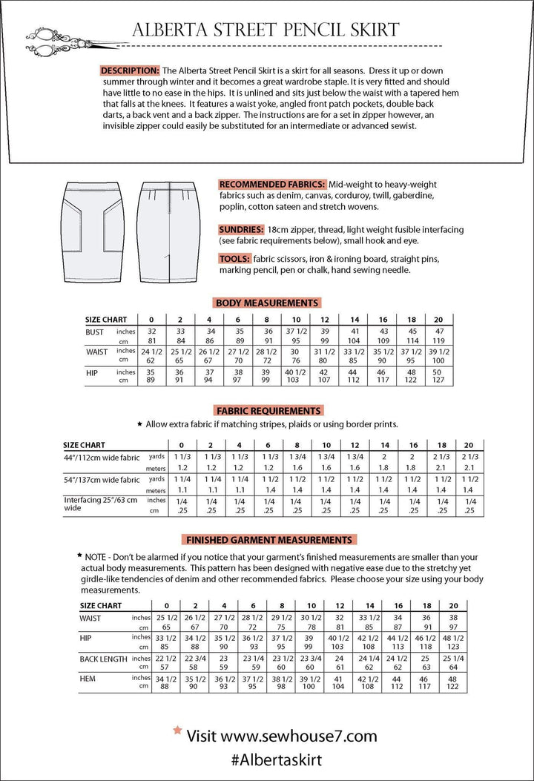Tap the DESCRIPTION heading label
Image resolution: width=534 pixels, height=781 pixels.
130,70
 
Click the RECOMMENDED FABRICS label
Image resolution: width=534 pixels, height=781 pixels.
272,184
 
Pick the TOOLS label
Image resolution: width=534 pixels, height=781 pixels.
234,259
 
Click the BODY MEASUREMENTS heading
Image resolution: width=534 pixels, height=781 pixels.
267,303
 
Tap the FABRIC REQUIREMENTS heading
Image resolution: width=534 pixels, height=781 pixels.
268,410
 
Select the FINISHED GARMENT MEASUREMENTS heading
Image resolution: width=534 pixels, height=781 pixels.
269,540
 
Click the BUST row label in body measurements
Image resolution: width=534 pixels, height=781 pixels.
95,332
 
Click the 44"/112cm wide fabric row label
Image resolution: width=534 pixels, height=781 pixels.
100,458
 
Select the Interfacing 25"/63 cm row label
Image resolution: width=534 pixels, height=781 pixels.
100,504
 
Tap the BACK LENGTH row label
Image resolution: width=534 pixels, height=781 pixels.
104,659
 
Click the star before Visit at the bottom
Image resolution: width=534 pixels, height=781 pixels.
177,731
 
